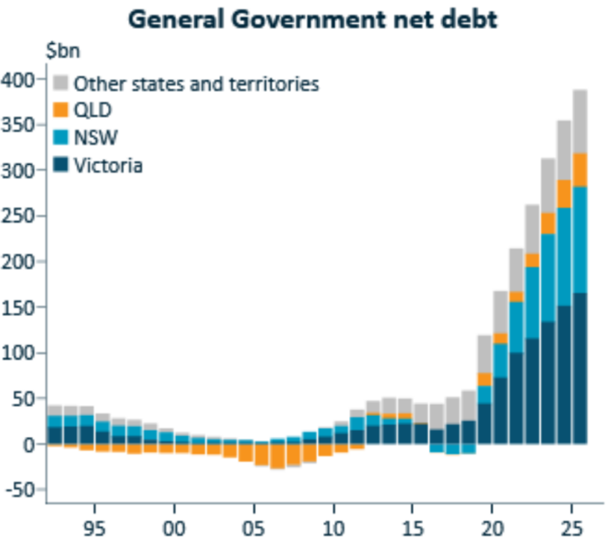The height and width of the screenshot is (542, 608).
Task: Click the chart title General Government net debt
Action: pyautogui.click(x=312, y=19)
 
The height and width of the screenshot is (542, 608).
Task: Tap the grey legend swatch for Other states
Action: pyautogui.click(x=61, y=84)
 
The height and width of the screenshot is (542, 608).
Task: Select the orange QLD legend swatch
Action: pyautogui.click(x=61, y=111)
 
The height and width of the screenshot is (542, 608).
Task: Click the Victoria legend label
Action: pyautogui.click(x=108, y=167)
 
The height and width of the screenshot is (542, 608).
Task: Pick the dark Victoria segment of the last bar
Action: pyautogui.click(x=579, y=368)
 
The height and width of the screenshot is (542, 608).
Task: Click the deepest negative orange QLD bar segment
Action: pyautogui.click(x=277, y=456)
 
